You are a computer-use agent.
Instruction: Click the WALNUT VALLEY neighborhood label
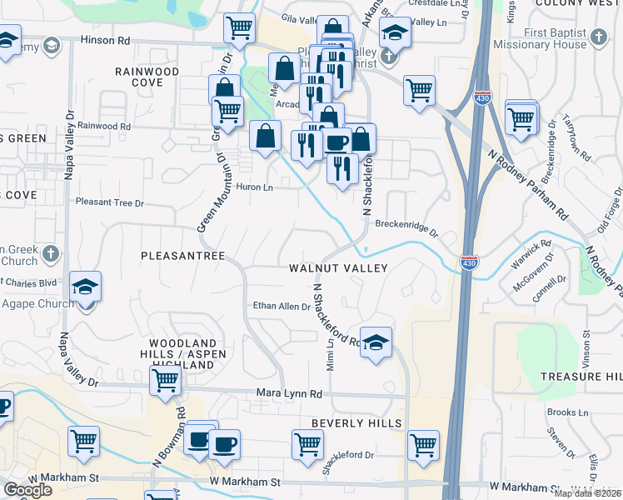point(338,268)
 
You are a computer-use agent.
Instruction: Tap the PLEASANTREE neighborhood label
point(183,256)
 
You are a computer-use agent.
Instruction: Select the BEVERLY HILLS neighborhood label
point(356,423)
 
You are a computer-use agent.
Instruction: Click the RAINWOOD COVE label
point(147,77)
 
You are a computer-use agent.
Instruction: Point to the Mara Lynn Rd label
point(289,393)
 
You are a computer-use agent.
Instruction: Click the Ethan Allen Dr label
point(282,307)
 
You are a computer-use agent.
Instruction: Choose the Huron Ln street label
point(255,187)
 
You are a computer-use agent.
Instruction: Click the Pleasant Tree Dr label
point(110,202)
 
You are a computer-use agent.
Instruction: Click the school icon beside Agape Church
point(85,287)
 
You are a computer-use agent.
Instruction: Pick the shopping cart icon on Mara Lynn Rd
point(166,381)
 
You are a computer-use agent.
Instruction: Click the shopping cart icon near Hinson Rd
point(239,27)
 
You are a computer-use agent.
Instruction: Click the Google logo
point(27,490)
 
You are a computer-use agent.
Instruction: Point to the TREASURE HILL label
point(581,377)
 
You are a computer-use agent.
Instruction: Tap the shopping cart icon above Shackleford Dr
point(307,444)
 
